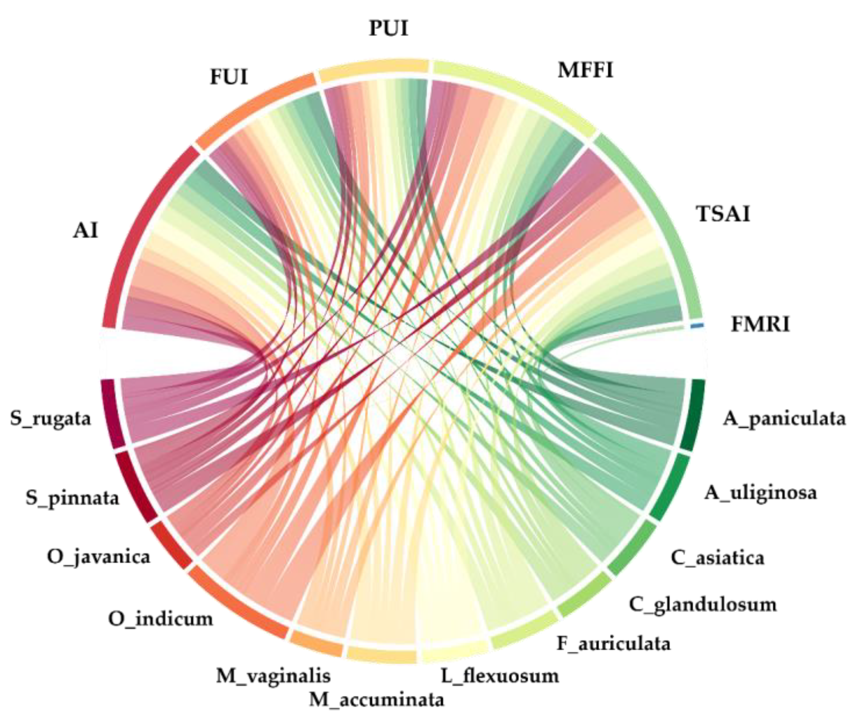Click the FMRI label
pos(760,325)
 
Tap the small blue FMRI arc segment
pos(697,325)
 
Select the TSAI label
pos(723,214)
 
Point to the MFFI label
pos(585,70)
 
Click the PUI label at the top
pos(389,29)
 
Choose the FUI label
pos(229,77)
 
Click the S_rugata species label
pos(50,419)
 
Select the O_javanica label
pos(99,556)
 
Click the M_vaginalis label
pos(273,676)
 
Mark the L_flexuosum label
pos(500,676)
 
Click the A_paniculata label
pos(784,419)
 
